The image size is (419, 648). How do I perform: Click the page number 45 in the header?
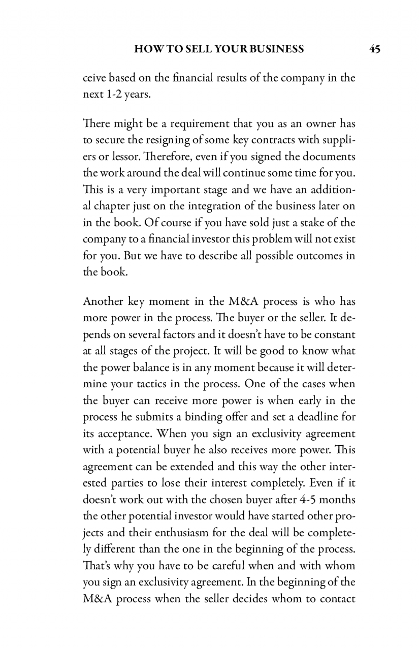point(374,49)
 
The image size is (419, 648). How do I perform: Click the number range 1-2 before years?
point(112,94)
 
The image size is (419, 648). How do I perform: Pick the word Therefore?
point(167,157)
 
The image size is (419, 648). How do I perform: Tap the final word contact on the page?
point(338,599)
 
